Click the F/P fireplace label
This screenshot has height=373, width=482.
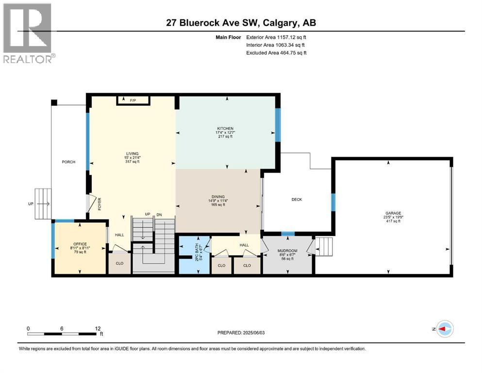(x=133, y=101)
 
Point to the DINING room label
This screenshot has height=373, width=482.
(x=217, y=197)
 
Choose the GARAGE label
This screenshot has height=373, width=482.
(x=393, y=213)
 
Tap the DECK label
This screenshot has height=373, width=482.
(x=297, y=199)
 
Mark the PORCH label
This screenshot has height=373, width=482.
(x=68, y=162)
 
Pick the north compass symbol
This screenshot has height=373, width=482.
(x=444, y=329)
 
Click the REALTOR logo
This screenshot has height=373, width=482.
(x=29, y=34)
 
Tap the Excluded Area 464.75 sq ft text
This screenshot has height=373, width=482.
(x=276, y=52)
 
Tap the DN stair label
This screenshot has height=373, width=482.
(x=159, y=215)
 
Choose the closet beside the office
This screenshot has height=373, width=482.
(x=119, y=265)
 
